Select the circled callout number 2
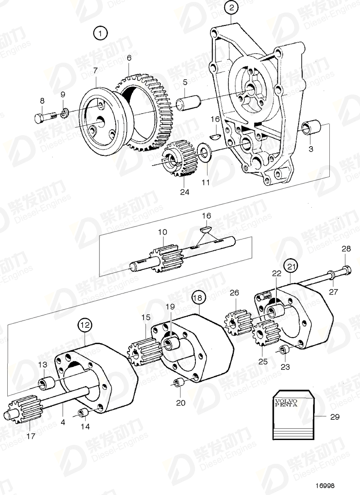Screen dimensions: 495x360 click(x=231, y=8)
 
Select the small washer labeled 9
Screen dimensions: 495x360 click(x=64, y=112)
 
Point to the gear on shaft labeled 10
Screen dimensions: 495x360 click(x=164, y=259)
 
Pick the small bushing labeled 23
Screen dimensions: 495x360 click(x=284, y=350)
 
